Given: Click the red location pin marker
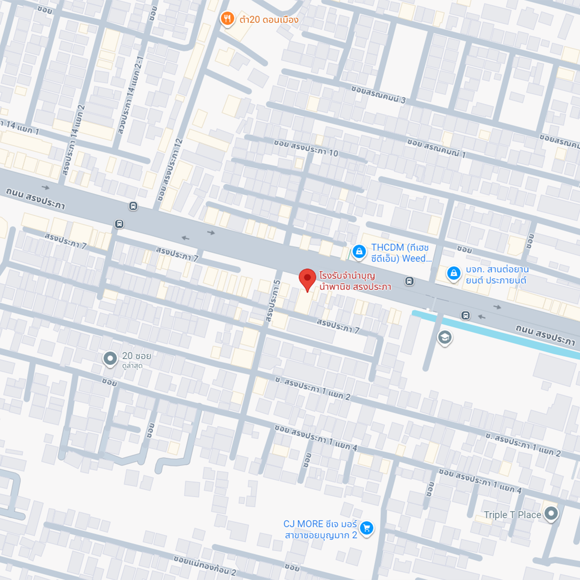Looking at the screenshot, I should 307,279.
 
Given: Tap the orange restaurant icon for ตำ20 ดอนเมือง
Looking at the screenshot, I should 227,19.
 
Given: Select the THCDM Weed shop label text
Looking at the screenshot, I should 400,253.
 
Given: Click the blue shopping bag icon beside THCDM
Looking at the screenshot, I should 359,251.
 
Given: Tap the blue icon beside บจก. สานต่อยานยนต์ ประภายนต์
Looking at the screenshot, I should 453,274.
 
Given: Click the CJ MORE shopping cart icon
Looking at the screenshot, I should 367,528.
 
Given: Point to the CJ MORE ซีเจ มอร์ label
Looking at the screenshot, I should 320,529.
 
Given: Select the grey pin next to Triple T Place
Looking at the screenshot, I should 551,513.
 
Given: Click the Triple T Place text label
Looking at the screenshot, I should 512,515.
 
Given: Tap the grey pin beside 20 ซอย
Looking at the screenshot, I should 110,359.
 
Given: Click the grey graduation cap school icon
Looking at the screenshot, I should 445,337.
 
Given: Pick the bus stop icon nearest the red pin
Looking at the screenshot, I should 409,281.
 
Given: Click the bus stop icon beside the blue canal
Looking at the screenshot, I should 465,316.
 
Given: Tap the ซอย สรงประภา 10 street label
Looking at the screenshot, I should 306,148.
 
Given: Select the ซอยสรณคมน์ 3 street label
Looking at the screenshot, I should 378,94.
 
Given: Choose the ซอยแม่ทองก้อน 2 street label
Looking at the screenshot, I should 205,565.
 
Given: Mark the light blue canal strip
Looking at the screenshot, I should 493,334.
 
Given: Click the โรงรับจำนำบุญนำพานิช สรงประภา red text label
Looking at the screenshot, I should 355,281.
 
